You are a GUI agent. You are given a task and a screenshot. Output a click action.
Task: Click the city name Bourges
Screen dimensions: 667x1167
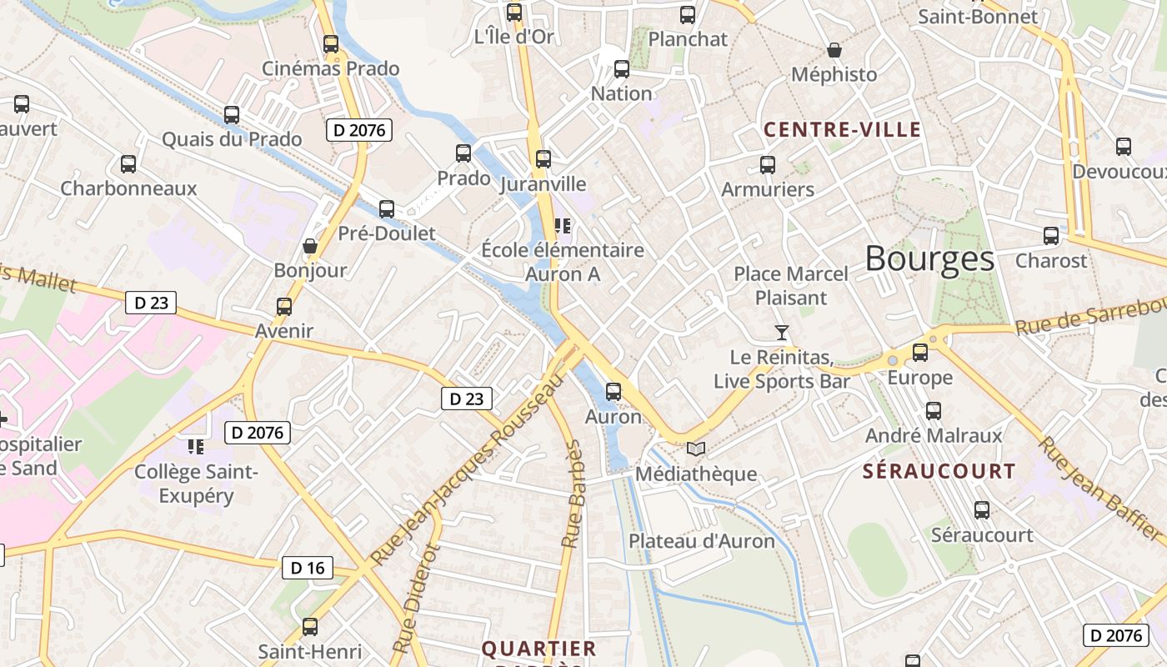click(929, 259)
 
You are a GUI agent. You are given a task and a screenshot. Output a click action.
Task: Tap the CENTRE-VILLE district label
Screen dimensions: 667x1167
click(842, 129)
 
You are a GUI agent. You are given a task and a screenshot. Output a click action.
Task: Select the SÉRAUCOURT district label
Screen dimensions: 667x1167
click(939, 471)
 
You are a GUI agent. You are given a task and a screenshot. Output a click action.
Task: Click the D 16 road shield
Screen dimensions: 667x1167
click(307, 568)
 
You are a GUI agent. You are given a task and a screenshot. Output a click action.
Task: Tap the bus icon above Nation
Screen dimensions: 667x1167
click(621, 69)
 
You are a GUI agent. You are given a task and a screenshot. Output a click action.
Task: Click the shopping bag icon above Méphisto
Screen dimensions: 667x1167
click(834, 50)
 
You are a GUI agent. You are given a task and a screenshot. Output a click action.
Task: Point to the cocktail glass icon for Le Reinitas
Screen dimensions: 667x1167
click(781, 333)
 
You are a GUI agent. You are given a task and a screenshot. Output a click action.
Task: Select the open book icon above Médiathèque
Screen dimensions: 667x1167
click(695, 449)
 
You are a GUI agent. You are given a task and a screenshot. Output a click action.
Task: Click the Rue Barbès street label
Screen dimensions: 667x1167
click(573, 494)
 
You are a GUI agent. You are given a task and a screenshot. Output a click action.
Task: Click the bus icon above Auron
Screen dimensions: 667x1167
click(614, 391)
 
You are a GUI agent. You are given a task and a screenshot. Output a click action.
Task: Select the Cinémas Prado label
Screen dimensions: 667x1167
click(331, 68)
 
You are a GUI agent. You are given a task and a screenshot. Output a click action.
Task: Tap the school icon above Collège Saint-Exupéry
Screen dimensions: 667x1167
click(196, 447)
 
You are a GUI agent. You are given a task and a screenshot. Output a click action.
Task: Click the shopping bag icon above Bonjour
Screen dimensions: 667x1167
click(310, 246)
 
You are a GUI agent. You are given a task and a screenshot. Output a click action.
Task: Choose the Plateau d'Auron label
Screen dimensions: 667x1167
click(701, 540)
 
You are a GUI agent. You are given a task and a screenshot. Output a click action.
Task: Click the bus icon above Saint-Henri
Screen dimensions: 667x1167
click(310, 626)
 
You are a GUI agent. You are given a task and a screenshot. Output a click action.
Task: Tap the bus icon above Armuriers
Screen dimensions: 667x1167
click(768, 165)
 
